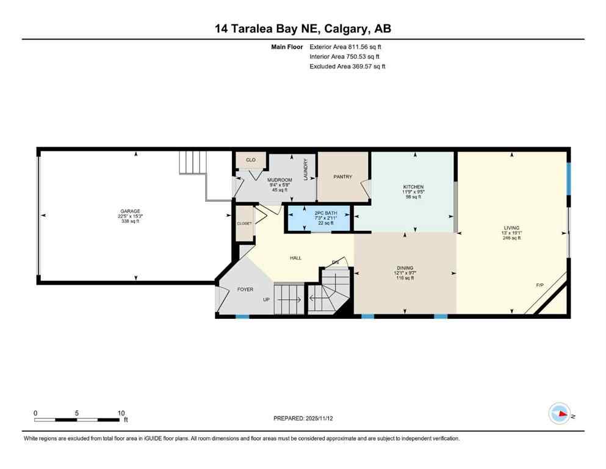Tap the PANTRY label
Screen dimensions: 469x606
tap(343, 177)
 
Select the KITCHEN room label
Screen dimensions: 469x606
tap(413, 187)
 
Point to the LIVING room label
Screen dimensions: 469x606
tap(511, 228)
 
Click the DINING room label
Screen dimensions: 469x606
tap(405, 268)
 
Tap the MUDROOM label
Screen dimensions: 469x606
tap(280, 180)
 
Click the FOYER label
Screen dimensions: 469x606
tap(245, 289)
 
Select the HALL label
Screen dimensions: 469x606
tap(295, 258)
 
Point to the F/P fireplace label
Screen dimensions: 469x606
tap(539, 285)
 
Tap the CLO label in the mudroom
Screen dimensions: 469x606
tap(250, 160)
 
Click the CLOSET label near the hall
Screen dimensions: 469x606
tap(244, 224)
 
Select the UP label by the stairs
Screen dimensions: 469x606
tap(265, 300)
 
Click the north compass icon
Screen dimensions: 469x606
tap(559, 413)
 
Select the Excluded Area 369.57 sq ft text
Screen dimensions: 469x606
tap(347, 66)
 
